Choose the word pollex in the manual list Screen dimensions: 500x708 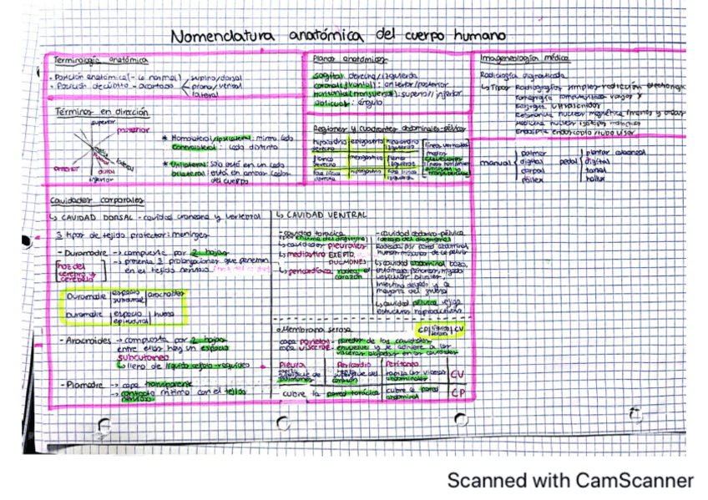coord(531,179)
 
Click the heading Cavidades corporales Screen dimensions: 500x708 coord(97,200)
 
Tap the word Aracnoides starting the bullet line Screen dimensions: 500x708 coord(86,341)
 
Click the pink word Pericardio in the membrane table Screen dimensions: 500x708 coord(354,365)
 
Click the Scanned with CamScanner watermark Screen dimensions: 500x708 coord(569,481)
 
